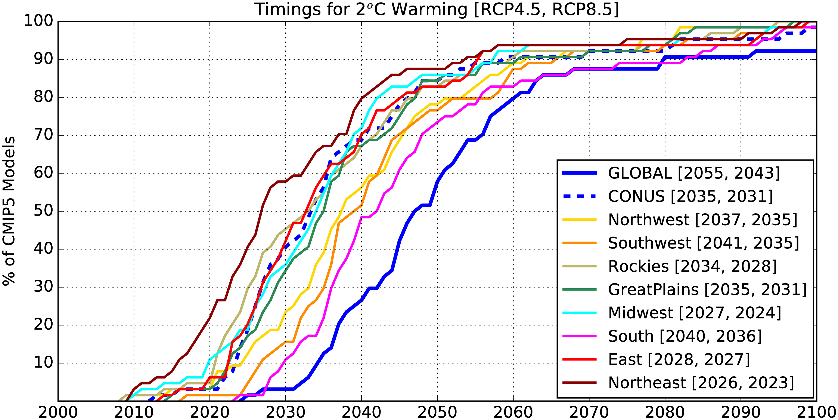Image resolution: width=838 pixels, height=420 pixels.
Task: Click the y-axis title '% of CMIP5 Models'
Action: tap(9, 211)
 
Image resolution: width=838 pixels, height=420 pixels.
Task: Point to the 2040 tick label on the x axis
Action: tap(361, 412)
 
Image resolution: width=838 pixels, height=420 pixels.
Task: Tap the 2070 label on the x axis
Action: tap(589, 412)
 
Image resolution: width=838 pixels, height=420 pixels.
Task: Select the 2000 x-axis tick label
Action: tap(58, 412)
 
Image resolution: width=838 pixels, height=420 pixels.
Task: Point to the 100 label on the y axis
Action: tap(38, 21)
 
